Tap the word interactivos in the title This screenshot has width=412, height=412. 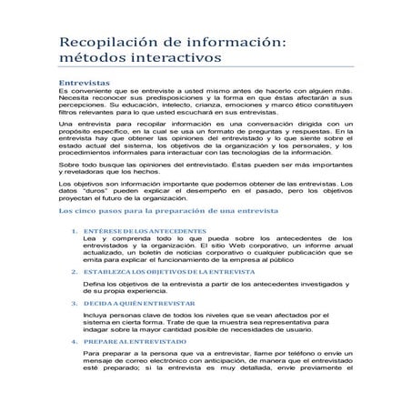click(174, 60)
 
